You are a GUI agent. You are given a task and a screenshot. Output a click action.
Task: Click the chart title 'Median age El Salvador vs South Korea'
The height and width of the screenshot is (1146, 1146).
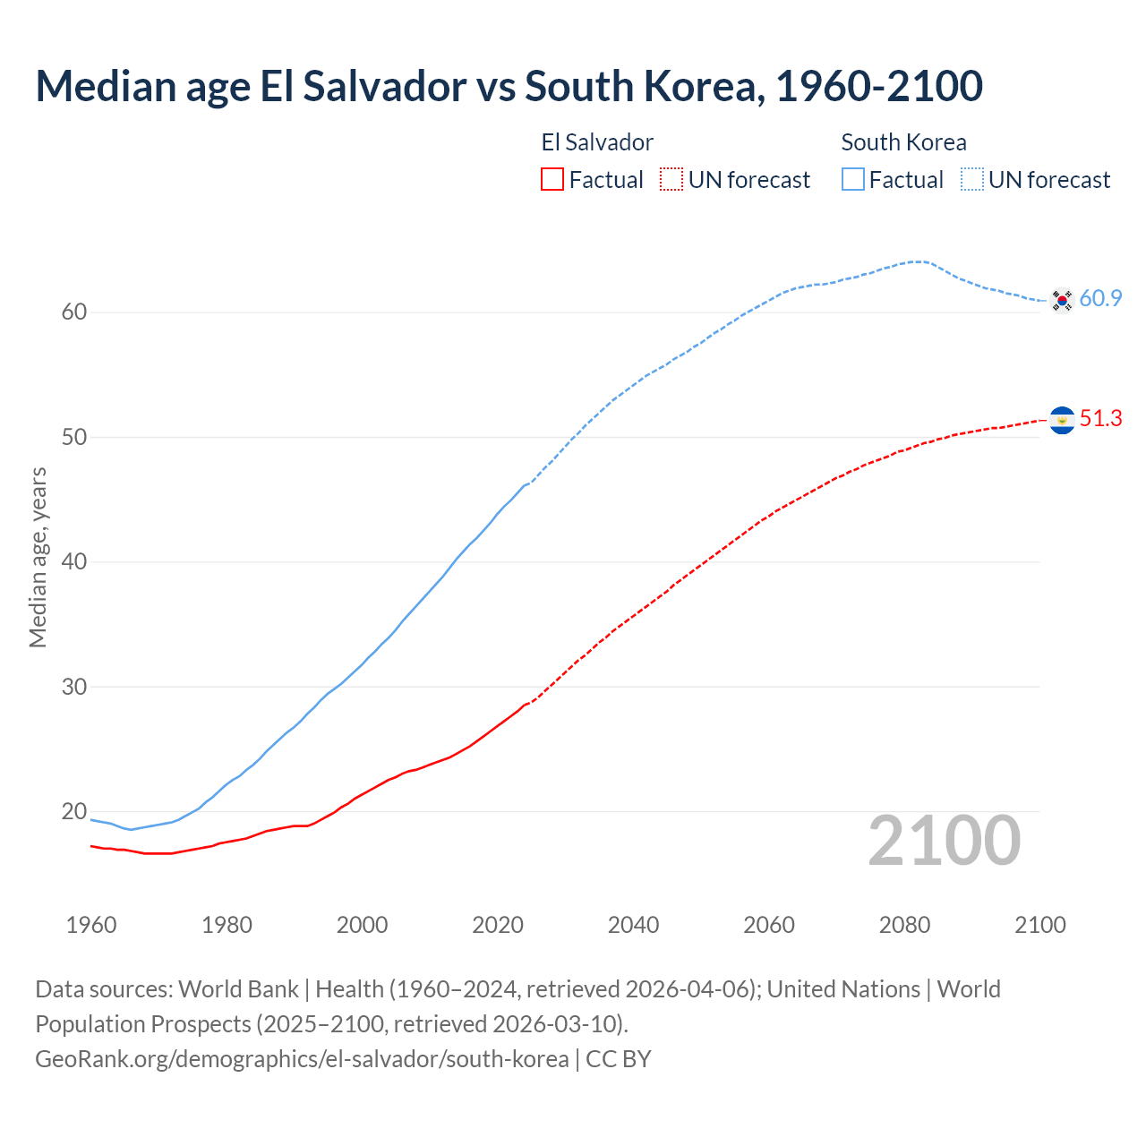pos(509,86)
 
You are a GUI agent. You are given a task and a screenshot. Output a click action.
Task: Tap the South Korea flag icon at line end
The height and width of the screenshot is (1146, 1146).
pos(1062,300)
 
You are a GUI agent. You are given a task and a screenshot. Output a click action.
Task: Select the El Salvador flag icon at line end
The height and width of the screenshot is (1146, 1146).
pos(1062,420)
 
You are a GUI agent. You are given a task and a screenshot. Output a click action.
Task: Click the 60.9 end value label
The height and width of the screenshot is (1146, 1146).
pos(1100,299)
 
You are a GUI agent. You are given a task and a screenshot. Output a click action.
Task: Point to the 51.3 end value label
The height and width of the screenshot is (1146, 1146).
pos(1100,419)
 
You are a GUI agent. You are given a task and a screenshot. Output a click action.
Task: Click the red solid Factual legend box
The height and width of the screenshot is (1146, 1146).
pos(552,180)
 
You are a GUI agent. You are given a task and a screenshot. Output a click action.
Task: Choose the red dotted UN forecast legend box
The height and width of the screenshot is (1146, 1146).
pos(671,180)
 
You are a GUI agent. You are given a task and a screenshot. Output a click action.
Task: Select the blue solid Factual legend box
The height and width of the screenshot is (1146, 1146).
pos(853,180)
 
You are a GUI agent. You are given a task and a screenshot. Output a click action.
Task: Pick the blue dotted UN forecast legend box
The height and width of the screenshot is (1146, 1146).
pos(972,180)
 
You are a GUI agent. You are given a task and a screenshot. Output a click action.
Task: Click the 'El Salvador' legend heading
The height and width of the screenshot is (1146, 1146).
pos(597,142)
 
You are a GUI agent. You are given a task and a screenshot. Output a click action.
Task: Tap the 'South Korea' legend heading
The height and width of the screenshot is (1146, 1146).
pos(903,142)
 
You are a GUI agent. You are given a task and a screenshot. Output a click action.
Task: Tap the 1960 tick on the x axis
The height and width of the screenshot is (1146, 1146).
pos(91,925)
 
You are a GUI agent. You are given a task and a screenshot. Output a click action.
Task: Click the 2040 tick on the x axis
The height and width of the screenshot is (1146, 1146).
pos(633,925)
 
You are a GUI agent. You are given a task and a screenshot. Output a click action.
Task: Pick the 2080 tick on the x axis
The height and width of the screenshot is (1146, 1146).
pos(904,925)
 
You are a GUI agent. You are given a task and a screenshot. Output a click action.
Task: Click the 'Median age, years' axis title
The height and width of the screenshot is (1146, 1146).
pos(38,557)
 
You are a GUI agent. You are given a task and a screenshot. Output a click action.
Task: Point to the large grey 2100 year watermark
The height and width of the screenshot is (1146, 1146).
pos(944,841)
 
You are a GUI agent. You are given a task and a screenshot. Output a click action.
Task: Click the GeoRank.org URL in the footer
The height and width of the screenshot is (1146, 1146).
pos(302,1059)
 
